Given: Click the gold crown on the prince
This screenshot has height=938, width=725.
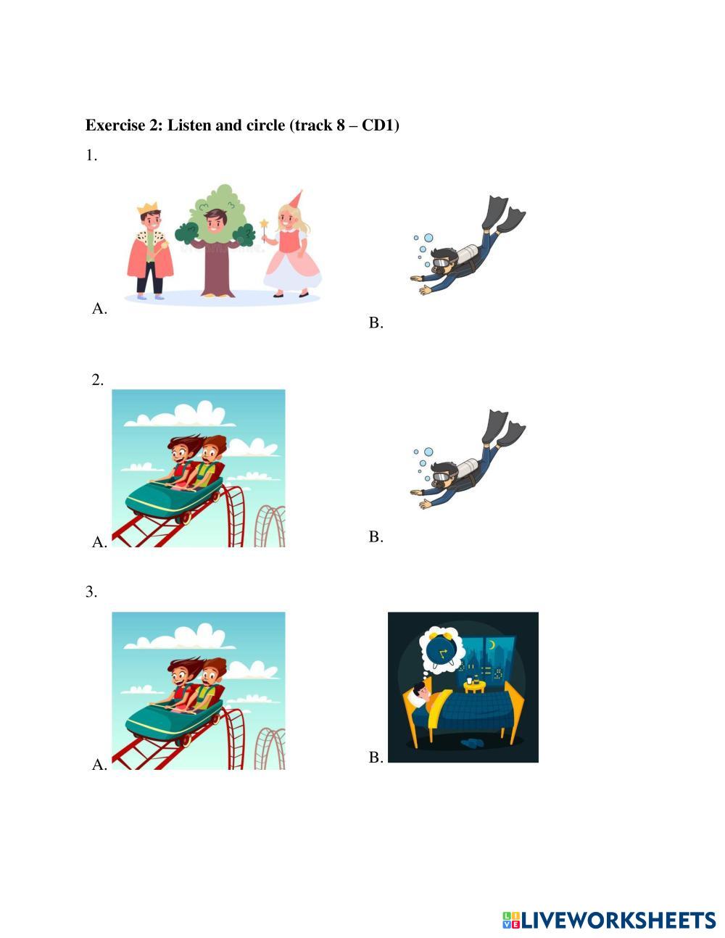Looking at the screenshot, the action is click(148, 208).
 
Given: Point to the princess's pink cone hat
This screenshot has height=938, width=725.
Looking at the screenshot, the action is click(294, 199).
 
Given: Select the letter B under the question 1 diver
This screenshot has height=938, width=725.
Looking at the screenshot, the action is click(376, 323).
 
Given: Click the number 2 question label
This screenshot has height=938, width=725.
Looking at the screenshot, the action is click(98, 380).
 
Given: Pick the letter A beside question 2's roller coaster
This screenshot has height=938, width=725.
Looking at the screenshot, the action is click(99, 541).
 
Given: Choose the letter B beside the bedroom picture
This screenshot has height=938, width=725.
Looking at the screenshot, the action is click(376, 757).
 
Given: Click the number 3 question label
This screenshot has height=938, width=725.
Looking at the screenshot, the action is click(91, 592).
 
